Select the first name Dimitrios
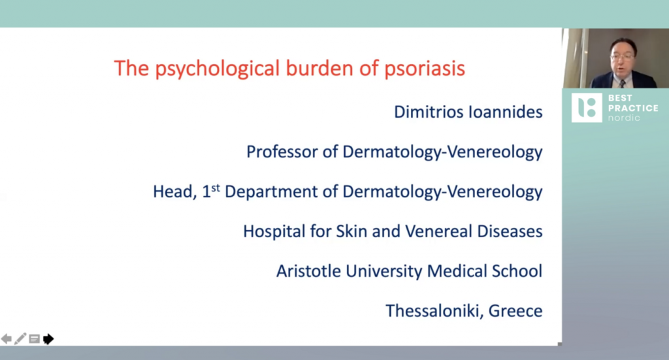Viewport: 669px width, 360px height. tap(429, 112)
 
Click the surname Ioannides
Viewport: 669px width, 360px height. tap(506, 112)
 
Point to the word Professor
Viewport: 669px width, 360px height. tap(282, 152)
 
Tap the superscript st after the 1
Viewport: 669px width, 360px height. tap(216, 188)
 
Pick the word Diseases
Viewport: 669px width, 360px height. tap(510, 231)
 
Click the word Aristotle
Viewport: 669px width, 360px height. tap(308, 271)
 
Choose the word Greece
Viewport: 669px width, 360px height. tap(515, 311)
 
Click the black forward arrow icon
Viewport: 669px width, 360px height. tap(48, 339)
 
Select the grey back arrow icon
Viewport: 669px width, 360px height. tap(7, 339)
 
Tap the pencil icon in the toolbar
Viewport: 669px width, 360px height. tap(20, 338)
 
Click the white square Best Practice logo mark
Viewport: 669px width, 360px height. tap(587, 108)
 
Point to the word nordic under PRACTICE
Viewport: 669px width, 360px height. tap(624, 118)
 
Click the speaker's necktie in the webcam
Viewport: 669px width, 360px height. tap(622, 83)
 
